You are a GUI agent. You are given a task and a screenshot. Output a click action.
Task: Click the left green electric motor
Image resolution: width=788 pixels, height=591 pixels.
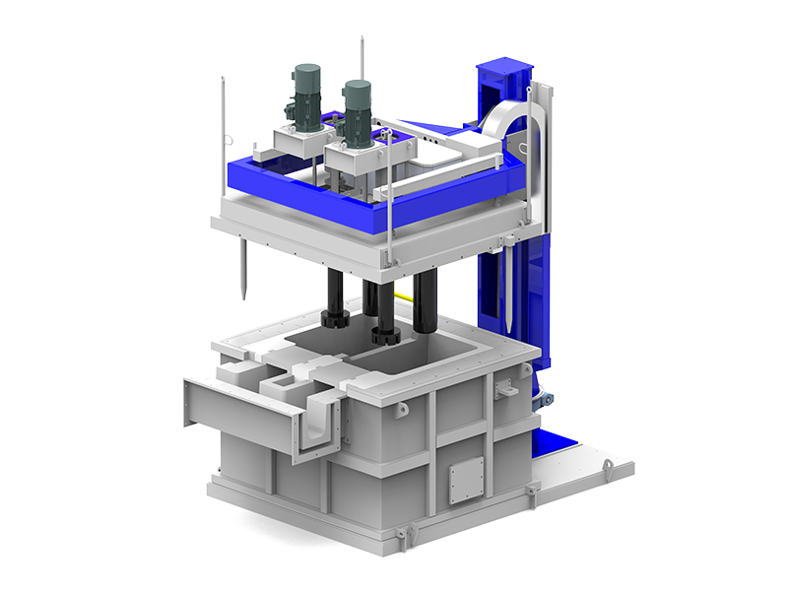pyautogui.click(x=307, y=95)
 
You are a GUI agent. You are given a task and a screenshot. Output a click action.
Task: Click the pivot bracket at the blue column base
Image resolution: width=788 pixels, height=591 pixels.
pyautogui.click(x=544, y=400)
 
